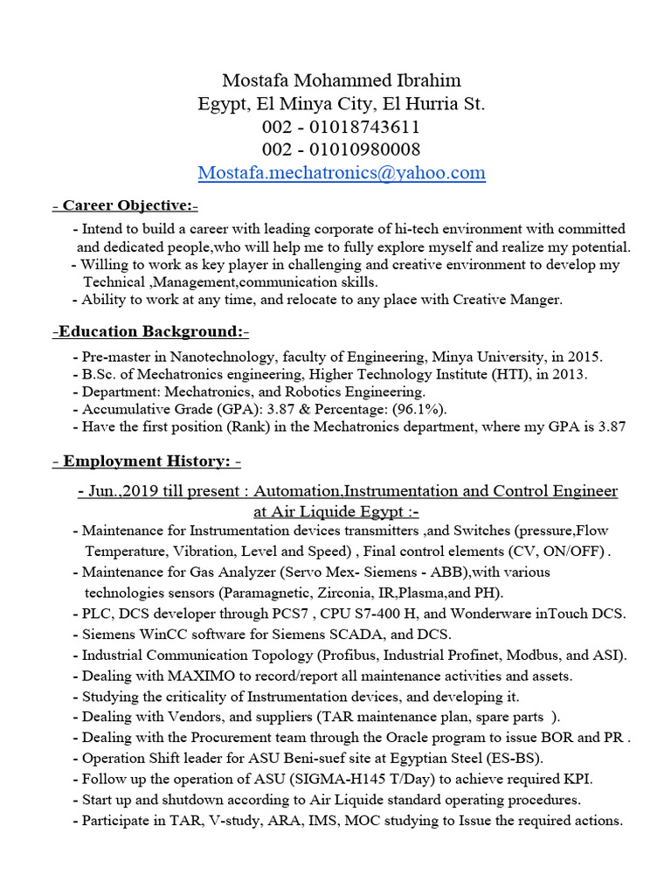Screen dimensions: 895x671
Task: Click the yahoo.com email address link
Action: tap(342, 172)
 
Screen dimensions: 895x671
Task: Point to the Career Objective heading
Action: tap(126, 205)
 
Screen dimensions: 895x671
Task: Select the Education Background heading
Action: tap(151, 331)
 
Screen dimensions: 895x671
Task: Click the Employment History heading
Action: tap(147, 461)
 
